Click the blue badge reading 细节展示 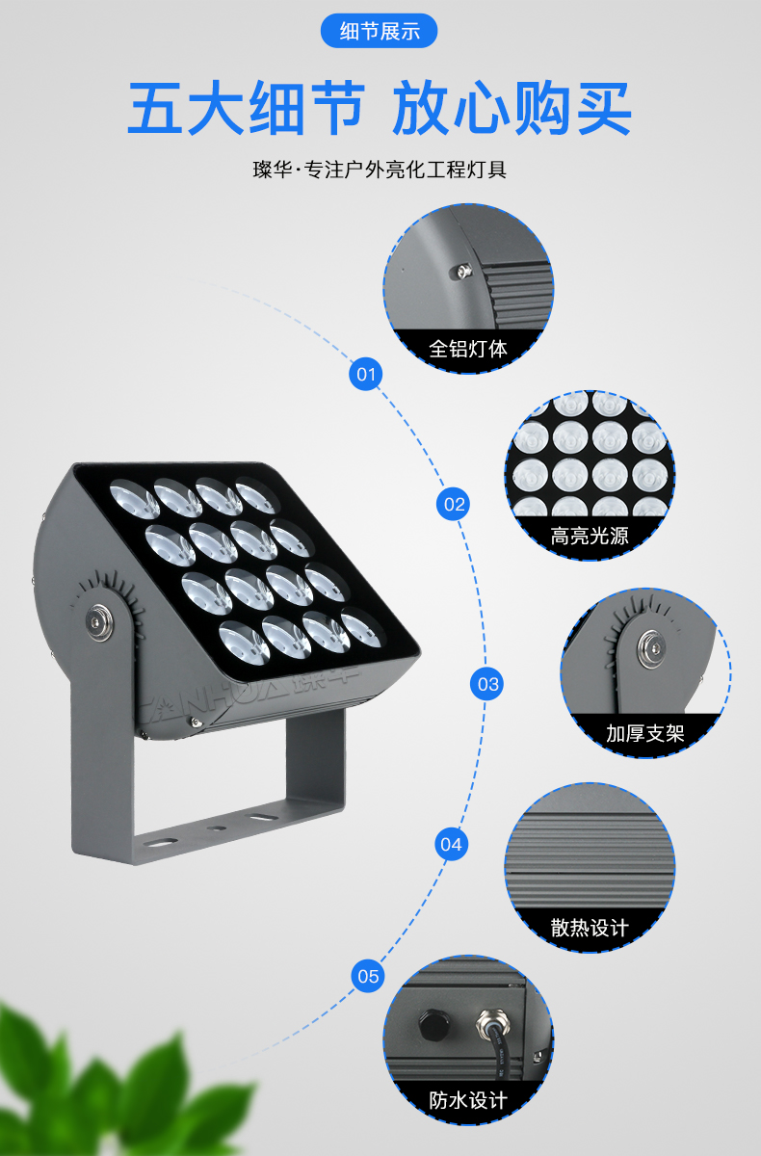tap(380, 31)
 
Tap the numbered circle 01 tap(366, 374)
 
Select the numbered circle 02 tap(454, 504)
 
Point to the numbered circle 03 tap(487, 684)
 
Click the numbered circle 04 tap(451, 844)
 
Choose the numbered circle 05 tap(368, 977)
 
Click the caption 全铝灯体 tap(468, 350)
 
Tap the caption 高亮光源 tap(590, 536)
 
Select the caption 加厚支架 tap(644, 733)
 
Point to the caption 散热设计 tap(590, 928)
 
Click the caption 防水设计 tap(468, 1100)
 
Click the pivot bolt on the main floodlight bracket tap(99, 622)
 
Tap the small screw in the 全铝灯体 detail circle tap(462, 272)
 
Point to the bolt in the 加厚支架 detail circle tap(653, 647)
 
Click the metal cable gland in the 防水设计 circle tap(493, 1024)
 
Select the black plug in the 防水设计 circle tap(433, 1024)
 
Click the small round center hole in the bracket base tap(216, 828)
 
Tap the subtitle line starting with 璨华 tap(380, 170)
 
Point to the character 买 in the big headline tap(604, 107)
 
